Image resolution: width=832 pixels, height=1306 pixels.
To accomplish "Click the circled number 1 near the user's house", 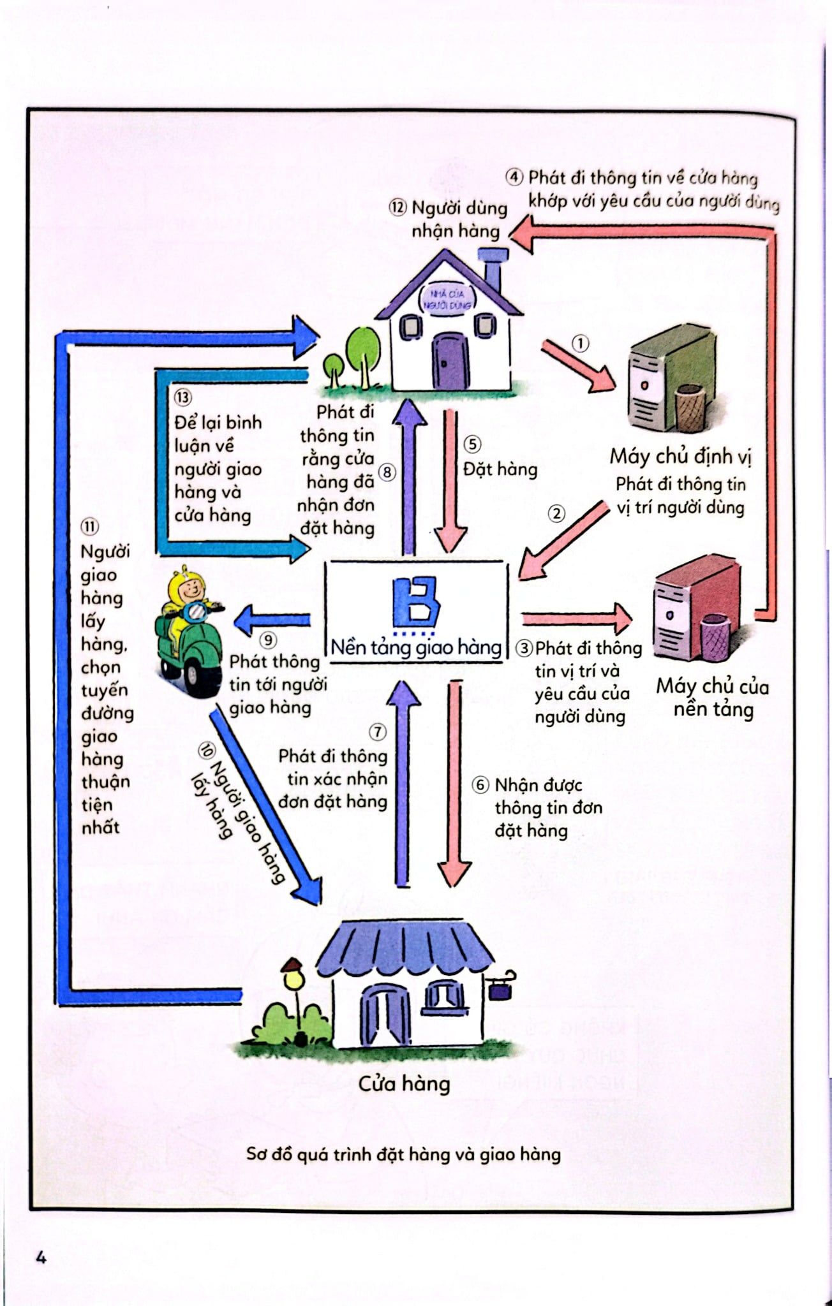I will click(x=580, y=344).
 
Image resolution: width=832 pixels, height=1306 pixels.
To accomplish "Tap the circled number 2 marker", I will click(x=557, y=513).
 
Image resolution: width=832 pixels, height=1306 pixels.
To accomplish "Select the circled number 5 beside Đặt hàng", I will click(x=472, y=444).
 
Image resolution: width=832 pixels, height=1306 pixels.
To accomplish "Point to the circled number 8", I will click(x=387, y=473).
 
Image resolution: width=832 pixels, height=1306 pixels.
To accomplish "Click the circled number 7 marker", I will click(x=378, y=732).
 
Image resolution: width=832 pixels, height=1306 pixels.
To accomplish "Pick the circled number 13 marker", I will click(x=182, y=398).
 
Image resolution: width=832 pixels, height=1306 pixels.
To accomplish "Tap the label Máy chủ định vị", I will click(x=681, y=456).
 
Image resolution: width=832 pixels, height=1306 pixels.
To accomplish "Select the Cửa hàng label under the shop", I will click(x=404, y=1083).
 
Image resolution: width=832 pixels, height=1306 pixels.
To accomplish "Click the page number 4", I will click(x=41, y=1258).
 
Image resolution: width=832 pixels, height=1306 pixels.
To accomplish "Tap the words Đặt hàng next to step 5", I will click(x=500, y=469).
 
